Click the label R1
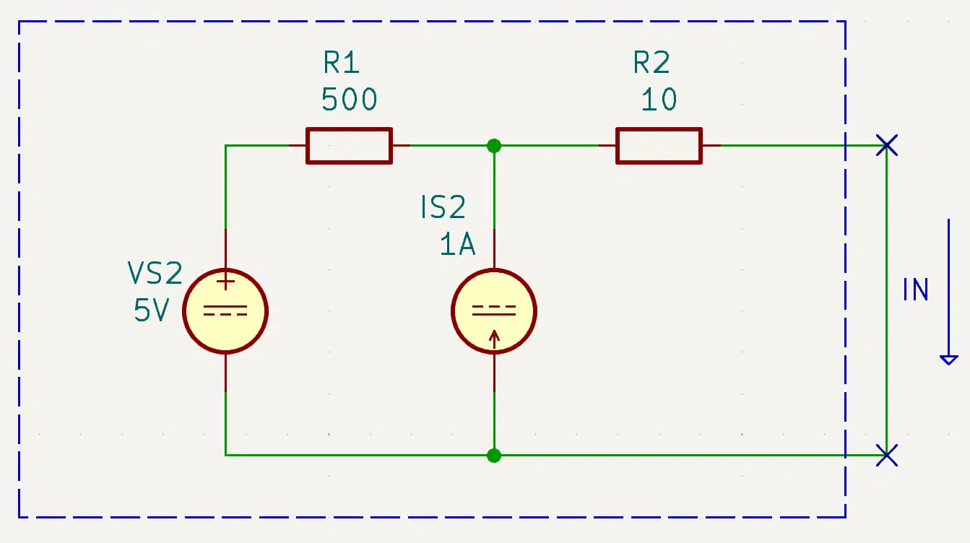pyautogui.click(x=341, y=63)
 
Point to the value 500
pyautogui.click(x=349, y=100)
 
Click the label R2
pyautogui.click(x=651, y=63)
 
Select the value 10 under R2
pyautogui.click(x=659, y=100)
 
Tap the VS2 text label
pyautogui.click(x=155, y=273)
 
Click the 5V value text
pyautogui.click(x=151, y=310)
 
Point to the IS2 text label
pyautogui.click(x=443, y=207)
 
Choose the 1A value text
pyautogui.click(x=458, y=244)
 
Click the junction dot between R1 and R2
pyautogui.click(x=494, y=146)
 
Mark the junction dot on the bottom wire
pyautogui.click(x=494, y=456)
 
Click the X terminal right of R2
pyautogui.click(x=886, y=145)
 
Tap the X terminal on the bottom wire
pyautogui.click(x=886, y=456)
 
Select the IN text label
pyautogui.click(x=915, y=290)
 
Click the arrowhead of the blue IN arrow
pyautogui.click(x=948, y=360)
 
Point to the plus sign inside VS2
pyautogui.click(x=225, y=282)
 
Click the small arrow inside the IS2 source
pyautogui.click(x=494, y=339)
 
